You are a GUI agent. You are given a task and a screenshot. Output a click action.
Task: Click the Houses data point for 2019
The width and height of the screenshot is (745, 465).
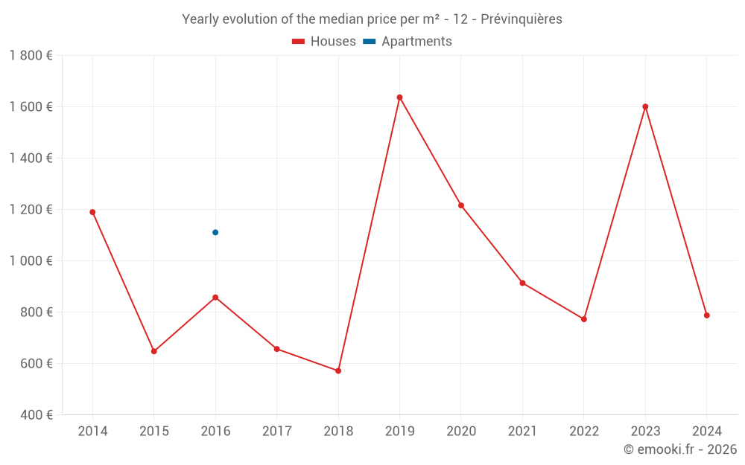click(x=399, y=97)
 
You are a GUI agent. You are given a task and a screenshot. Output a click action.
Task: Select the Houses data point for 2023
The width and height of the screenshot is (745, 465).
click(x=645, y=106)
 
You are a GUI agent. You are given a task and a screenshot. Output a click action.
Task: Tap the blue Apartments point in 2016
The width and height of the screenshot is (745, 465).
click(x=215, y=232)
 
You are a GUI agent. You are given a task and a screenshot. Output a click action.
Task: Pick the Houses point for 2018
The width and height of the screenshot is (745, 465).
click(x=338, y=371)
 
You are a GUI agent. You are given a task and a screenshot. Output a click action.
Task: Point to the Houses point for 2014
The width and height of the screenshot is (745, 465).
click(x=92, y=212)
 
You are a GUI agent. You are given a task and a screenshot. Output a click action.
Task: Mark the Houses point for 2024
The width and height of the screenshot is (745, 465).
click(x=706, y=315)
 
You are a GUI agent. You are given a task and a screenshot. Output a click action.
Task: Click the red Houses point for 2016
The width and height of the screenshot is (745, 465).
click(x=215, y=298)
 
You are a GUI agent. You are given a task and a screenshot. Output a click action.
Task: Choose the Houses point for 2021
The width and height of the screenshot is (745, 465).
click(x=522, y=283)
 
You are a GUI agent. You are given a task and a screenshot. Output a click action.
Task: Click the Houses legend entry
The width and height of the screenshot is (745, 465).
click(x=324, y=42)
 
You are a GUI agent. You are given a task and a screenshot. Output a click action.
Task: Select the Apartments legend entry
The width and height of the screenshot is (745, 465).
click(x=408, y=42)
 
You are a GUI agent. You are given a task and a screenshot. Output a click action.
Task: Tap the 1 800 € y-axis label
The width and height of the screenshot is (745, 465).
click(x=31, y=56)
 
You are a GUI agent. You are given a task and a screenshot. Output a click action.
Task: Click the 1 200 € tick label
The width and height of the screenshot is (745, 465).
click(x=31, y=209)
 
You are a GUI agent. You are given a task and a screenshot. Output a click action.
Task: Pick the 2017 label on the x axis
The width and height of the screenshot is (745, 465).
click(x=276, y=432)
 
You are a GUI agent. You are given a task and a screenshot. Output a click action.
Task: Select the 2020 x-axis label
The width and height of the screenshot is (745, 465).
click(x=461, y=432)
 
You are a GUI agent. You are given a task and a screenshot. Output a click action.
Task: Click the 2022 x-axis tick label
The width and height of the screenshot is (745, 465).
click(x=584, y=432)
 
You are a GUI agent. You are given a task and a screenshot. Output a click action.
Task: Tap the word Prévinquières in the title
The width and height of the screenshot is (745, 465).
click(x=521, y=19)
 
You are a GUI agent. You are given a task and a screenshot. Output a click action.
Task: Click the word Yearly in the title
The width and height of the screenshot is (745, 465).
click(x=200, y=19)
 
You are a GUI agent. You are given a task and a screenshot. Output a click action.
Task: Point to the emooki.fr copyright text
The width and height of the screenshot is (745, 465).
click(x=680, y=449)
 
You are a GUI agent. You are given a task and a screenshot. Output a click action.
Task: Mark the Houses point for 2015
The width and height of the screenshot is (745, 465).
click(x=153, y=351)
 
